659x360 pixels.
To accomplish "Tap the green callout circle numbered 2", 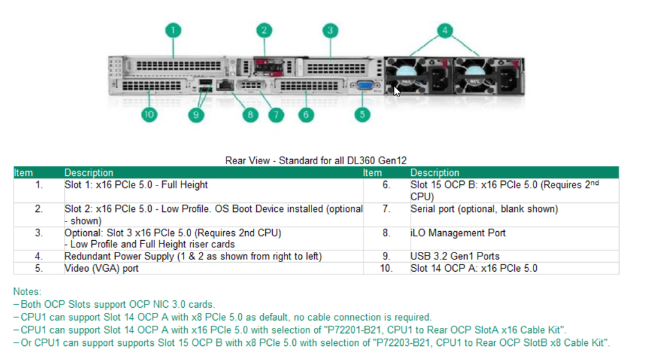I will point(264,30).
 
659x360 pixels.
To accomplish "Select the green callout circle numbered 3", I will point(329,30).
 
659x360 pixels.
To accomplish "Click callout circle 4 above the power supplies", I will point(445,30).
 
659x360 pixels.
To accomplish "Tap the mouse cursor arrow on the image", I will point(397,91).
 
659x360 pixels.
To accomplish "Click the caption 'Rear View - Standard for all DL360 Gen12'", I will point(316,160).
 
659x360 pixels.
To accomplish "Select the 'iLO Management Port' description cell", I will point(458,233).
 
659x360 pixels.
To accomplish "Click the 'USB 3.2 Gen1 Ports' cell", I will point(454,256).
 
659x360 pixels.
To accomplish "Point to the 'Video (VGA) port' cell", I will point(101,268).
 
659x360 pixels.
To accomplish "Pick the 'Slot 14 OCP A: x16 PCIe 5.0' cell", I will point(474,268).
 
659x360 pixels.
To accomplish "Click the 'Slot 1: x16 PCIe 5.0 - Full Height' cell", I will point(136,185).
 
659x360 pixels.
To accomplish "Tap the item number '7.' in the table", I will point(386,209).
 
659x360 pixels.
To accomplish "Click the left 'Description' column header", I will point(88,173).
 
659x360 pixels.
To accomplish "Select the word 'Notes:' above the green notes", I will point(27,292).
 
